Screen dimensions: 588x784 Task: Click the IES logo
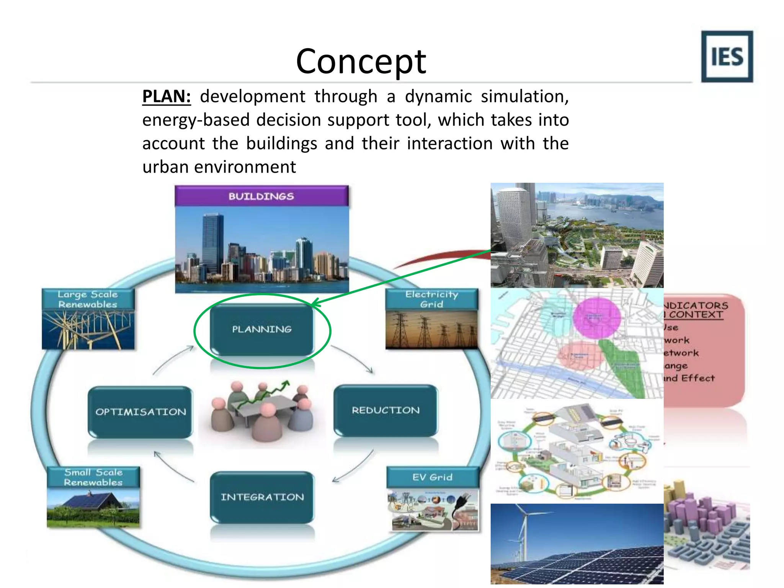point(727,57)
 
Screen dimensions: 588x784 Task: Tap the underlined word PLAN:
point(166,96)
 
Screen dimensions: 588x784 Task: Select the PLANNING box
point(262,329)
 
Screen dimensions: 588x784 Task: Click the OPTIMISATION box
point(140,412)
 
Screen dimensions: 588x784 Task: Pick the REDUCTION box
point(385,410)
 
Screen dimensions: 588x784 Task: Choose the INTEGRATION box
point(262,497)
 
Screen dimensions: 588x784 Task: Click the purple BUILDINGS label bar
point(261,196)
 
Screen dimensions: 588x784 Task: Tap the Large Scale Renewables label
point(88,299)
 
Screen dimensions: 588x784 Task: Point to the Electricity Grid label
point(431,299)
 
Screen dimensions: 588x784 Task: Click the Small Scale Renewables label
point(93,477)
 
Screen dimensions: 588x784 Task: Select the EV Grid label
point(432,477)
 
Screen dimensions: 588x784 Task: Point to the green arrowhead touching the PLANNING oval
point(315,303)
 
